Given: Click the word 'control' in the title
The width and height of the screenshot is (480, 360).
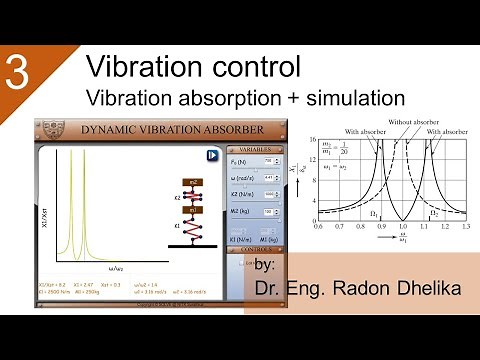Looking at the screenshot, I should [251, 68].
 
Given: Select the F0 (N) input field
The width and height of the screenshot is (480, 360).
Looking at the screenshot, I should [268, 161].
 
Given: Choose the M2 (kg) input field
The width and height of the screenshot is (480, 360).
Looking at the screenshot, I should [268, 212].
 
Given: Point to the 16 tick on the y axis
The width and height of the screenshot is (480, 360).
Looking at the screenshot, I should [313, 139].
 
